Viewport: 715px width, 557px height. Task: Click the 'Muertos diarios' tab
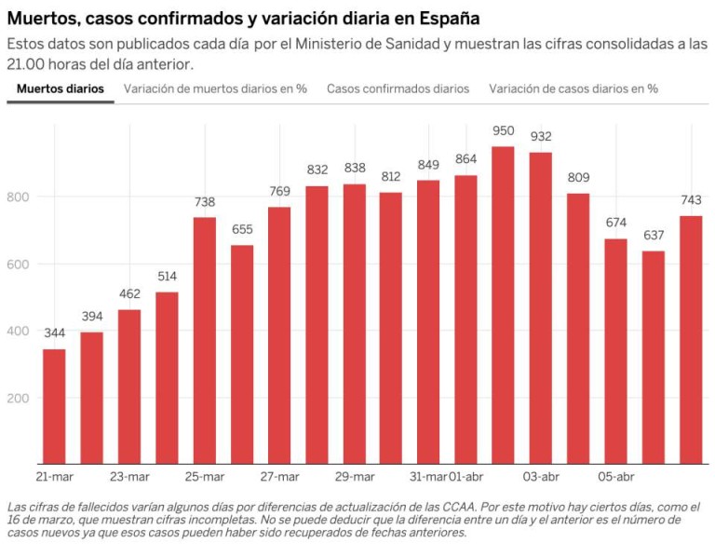pyautogui.click(x=61, y=88)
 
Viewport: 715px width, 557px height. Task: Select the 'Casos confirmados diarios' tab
pyautogui.click(x=398, y=88)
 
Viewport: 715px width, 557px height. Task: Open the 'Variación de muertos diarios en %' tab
pyautogui.click(x=215, y=88)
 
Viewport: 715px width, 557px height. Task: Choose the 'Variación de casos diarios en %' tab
pyautogui.click(x=573, y=88)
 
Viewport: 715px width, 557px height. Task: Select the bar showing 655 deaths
pyautogui.click(x=242, y=354)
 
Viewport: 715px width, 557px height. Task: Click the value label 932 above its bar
pyautogui.click(x=541, y=137)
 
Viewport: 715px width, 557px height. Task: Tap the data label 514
pyautogui.click(x=167, y=278)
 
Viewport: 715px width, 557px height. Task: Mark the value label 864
pyautogui.click(x=465, y=159)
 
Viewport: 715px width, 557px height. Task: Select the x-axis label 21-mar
pyautogui.click(x=54, y=477)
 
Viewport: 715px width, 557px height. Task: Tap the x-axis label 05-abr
pyautogui.click(x=616, y=477)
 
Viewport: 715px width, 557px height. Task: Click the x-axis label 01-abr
pyautogui.click(x=465, y=477)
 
